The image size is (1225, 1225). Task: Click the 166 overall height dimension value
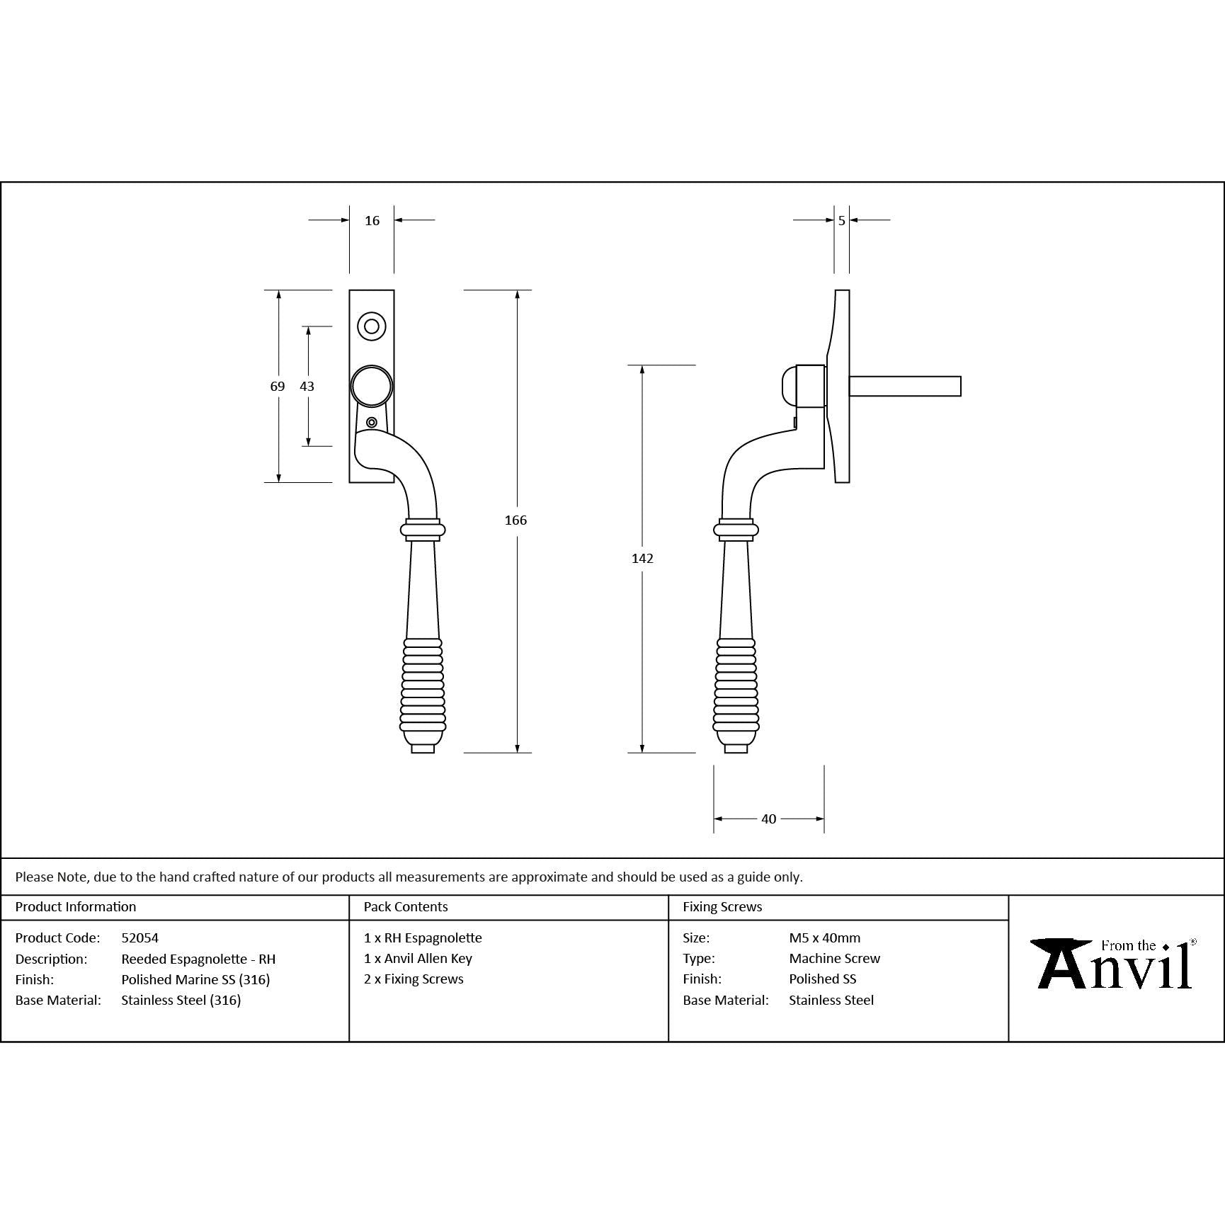(x=515, y=520)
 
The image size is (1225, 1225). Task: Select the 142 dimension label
(x=642, y=559)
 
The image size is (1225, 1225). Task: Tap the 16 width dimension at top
(x=372, y=221)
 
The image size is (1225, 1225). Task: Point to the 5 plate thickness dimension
(x=841, y=221)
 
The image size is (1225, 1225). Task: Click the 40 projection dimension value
(x=768, y=819)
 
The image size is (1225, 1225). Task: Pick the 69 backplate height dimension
(x=278, y=387)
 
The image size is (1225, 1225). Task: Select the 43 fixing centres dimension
(x=307, y=387)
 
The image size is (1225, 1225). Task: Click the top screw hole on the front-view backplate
(x=372, y=326)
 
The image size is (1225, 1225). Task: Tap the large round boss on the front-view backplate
(x=372, y=386)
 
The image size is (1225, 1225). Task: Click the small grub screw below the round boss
(x=372, y=423)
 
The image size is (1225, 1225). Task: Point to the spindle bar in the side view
(x=904, y=386)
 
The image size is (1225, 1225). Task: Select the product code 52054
(x=140, y=938)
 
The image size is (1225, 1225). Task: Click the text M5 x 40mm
(x=824, y=938)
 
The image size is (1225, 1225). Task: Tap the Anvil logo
(x=1114, y=964)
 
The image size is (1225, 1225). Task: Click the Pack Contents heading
(x=406, y=907)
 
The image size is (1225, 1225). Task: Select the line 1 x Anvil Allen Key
(x=418, y=959)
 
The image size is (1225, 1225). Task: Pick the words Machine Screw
(x=834, y=959)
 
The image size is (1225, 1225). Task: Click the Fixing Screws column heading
(x=722, y=907)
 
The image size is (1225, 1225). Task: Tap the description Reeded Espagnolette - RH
(x=198, y=959)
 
